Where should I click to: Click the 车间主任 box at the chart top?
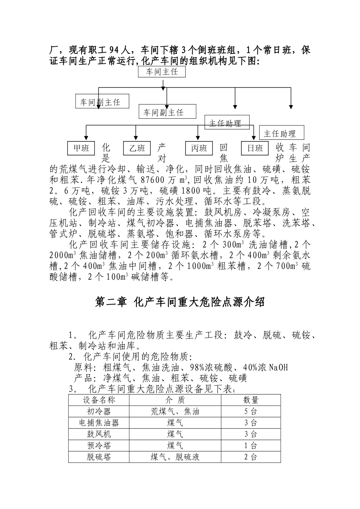[x=162, y=71]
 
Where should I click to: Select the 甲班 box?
[x=81, y=148]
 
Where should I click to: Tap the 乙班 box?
[x=137, y=148]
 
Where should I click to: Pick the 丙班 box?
[x=199, y=148]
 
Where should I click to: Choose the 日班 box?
[x=255, y=148]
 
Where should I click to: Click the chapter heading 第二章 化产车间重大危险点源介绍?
[x=180, y=302]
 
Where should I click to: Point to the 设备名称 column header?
[x=99, y=400]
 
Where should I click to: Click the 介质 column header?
[x=175, y=400]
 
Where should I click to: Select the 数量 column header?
[x=250, y=400]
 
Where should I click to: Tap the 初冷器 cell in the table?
[x=99, y=412]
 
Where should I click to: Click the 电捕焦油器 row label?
[x=99, y=423]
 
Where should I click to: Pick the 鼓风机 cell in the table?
[x=99, y=434]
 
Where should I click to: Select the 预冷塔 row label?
[x=99, y=446]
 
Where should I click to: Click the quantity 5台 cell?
[x=250, y=412]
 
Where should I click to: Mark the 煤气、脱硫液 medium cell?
[x=175, y=457]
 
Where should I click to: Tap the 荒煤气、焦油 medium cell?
[x=175, y=412]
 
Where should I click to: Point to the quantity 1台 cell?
[x=250, y=446]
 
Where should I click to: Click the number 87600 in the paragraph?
[x=156, y=180]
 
